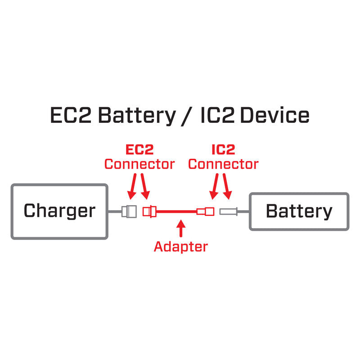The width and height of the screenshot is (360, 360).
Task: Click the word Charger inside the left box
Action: (59, 211)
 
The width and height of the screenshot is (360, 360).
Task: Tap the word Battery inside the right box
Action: (299, 211)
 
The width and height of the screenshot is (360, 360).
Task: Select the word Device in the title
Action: (274, 116)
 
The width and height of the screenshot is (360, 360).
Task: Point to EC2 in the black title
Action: (71, 116)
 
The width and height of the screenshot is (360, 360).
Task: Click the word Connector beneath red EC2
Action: (139, 164)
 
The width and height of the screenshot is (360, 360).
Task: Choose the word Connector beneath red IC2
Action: (223, 164)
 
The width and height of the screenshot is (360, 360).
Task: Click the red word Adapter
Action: (181, 246)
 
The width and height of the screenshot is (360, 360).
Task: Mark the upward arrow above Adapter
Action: (181, 228)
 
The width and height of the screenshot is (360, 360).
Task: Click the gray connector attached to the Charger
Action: (129, 211)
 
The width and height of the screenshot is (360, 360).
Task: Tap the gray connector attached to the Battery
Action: (228, 211)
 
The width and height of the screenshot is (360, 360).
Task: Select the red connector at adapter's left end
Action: (148, 211)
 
